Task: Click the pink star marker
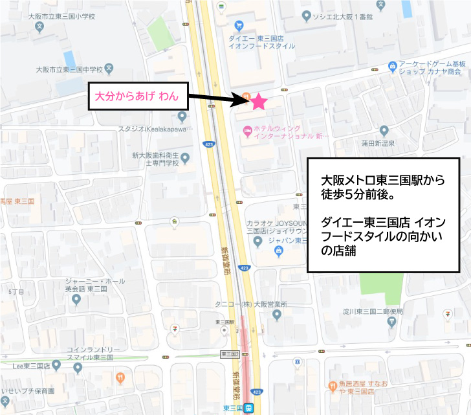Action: tap(258, 101)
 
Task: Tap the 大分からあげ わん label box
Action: tap(137, 96)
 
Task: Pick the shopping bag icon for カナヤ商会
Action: tap(392, 65)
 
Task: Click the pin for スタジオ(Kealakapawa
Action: tap(182, 117)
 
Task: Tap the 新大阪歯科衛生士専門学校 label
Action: tap(155, 159)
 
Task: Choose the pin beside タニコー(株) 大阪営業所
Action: tap(277, 315)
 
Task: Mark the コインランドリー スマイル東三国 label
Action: tap(90, 353)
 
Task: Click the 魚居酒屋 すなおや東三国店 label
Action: tap(352, 387)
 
